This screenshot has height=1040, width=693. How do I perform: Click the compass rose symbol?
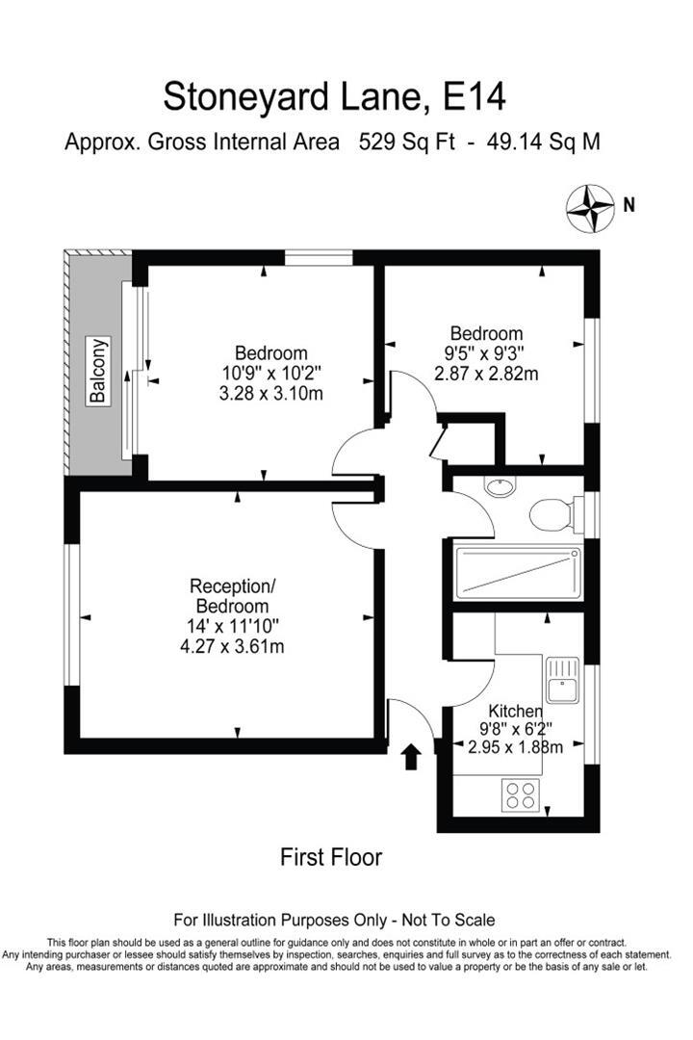click(590, 208)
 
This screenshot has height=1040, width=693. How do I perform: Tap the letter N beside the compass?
click(629, 204)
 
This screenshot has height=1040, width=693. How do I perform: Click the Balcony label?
click(99, 370)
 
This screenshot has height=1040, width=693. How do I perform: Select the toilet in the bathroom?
click(552, 513)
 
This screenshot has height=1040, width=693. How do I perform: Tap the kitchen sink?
click(559, 680)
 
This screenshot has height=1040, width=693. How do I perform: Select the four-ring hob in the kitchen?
click(521, 795)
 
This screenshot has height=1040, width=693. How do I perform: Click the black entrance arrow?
click(411, 756)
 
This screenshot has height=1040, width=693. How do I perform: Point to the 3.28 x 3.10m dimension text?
click(270, 392)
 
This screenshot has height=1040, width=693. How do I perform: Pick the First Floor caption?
click(331, 856)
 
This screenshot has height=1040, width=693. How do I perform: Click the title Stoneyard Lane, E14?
click(333, 96)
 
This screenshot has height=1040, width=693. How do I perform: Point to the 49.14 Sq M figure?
click(545, 143)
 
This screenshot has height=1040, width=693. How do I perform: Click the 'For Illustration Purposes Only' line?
click(333, 920)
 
